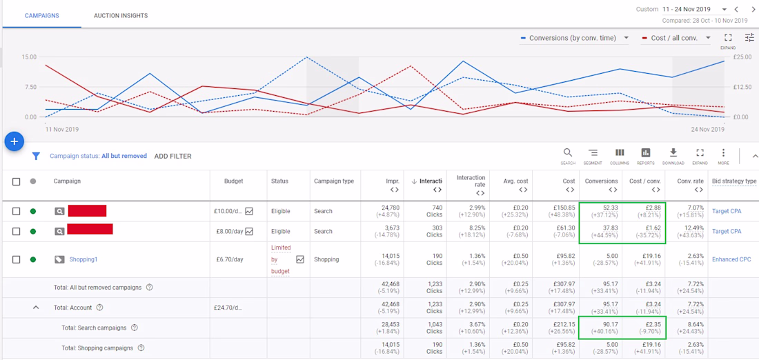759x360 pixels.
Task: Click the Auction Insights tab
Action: pyautogui.click(x=121, y=15)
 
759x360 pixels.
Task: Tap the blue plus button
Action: pyautogui.click(x=14, y=141)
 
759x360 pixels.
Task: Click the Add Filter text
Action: pyautogui.click(x=172, y=157)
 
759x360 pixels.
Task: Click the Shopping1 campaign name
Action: pyautogui.click(x=83, y=259)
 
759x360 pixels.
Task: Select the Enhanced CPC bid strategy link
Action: pyautogui.click(x=731, y=259)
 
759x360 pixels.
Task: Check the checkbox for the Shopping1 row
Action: pyautogui.click(x=17, y=259)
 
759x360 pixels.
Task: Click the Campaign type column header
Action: pyautogui.click(x=334, y=181)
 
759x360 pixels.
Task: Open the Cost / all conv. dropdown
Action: pyautogui.click(x=676, y=38)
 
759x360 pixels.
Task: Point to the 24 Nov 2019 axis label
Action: pyautogui.click(x=707, y=130)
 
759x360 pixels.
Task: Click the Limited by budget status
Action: pyautogui.click(x=281, y=259)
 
